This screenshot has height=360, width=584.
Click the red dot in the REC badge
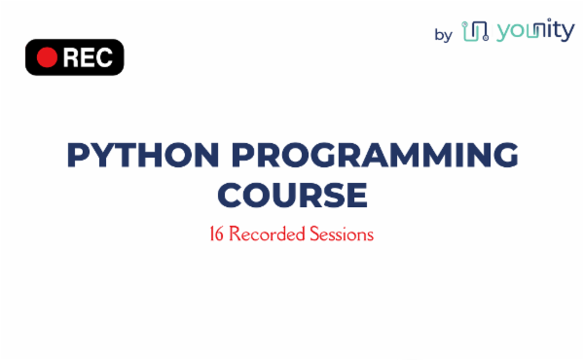pyautogui.click(x=46, y=57)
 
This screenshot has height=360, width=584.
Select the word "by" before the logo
pyautogui.click(x=443, y=35)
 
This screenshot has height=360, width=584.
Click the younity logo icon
pyautogui.click(x=474, y=32)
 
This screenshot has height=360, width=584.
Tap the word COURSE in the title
pyautogui.click(x=292, y=195)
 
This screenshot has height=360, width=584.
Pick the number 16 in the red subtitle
pyautogui.click(x=217, y=234)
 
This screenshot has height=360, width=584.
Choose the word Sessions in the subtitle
pyautogui.click(x=340, y=234)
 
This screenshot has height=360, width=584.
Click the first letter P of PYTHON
pyautogui.click(x=77, y=156)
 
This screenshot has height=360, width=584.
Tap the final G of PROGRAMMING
pyautogui.click(x=503, y=156)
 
